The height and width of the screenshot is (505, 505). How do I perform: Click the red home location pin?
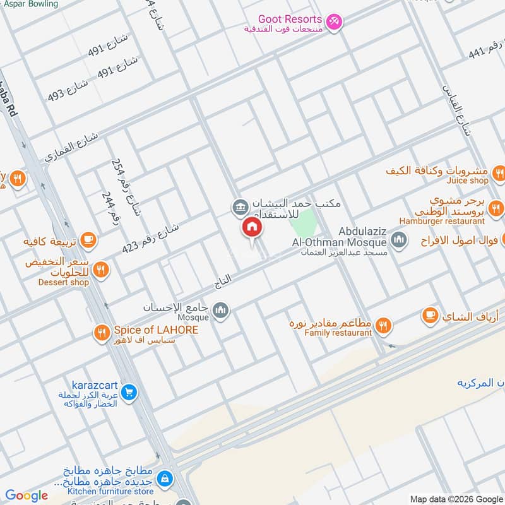[251, 229]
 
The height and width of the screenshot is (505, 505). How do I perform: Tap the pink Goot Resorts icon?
[335, 21]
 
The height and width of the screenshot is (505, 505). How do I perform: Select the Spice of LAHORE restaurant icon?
[102, 333]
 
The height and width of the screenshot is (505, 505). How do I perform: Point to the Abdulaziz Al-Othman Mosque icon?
[398, 239]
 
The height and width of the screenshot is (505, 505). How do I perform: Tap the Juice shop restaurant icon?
[499, 172]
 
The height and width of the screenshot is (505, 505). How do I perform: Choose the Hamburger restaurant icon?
[497, 208]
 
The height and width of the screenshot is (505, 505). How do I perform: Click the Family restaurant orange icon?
[383, 326]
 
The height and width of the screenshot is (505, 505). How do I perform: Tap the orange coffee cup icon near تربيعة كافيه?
[88, 240]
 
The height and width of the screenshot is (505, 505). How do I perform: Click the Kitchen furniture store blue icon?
[165, 478]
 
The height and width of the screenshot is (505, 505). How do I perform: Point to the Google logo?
[27, 496]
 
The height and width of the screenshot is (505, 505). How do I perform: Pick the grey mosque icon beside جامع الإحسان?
[220, 309]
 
